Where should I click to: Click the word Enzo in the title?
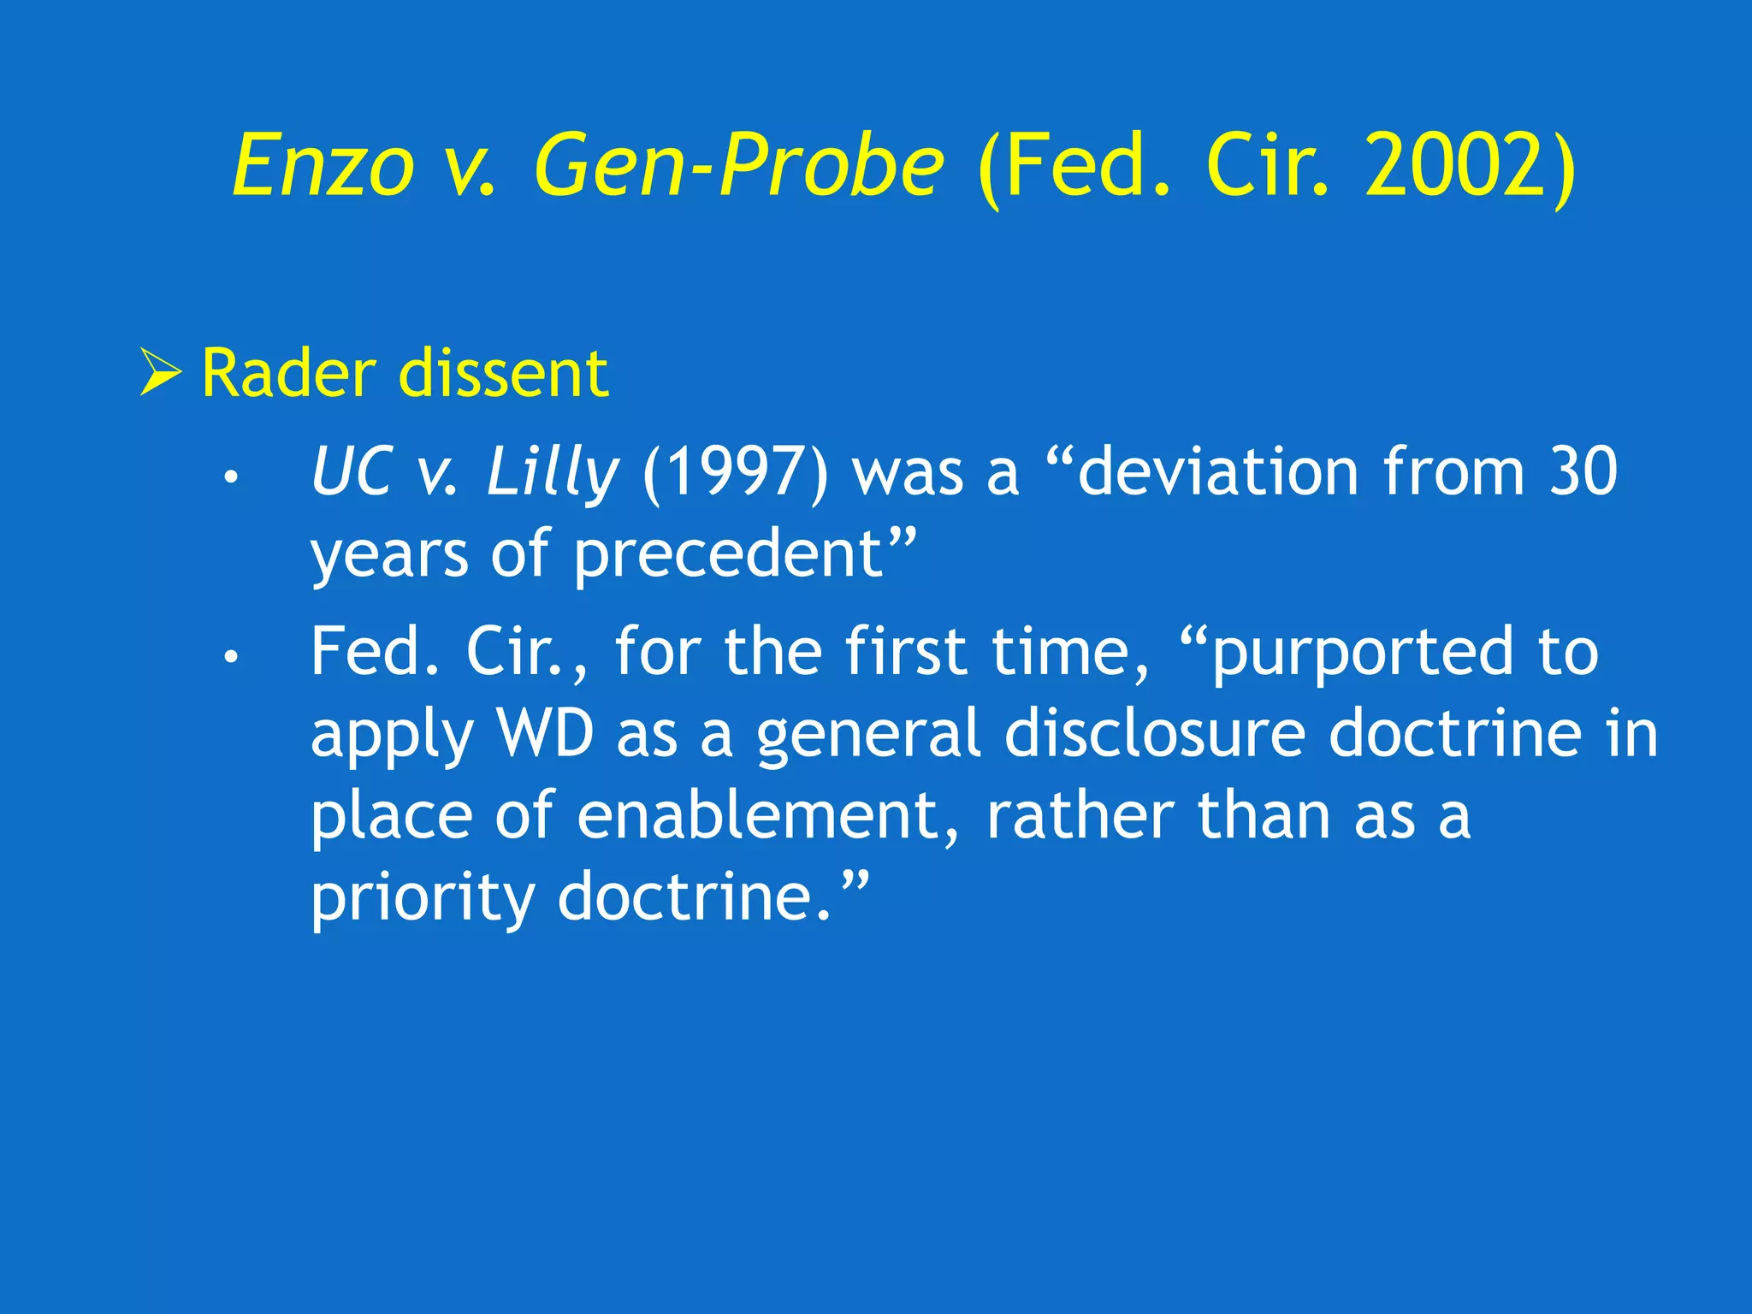(323, 166)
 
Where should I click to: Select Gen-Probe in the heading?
(739, 166)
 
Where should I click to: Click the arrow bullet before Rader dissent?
(161, 373)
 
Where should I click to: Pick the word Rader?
(288, 374)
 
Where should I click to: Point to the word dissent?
(504, 374)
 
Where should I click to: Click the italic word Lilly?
(552, 473)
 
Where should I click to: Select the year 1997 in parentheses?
(735, 473)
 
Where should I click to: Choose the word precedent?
(728, 555)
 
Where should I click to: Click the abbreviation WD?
(546, 734)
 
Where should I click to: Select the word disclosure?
(1154, 734)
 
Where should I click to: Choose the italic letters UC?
(352, 473)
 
